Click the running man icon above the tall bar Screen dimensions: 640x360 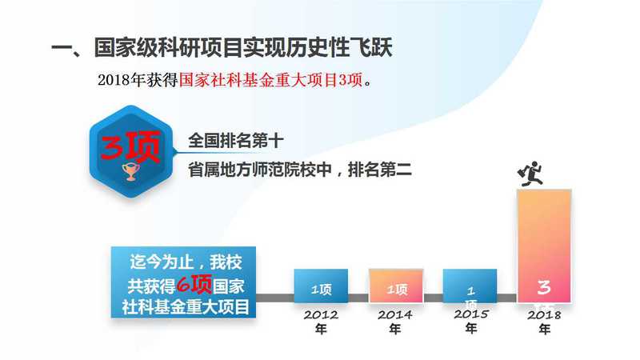pos(530,174)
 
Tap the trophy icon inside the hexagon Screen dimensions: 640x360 pos(130,171)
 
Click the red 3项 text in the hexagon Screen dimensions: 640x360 pos(130,146)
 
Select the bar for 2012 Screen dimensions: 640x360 pos(321,286)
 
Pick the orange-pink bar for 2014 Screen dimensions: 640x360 pos(396,286)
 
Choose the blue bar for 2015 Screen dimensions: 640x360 pos(470,286)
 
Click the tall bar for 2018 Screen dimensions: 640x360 pos(544,246)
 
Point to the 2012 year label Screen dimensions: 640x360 pos(321,322)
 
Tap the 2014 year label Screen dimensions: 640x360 pos(394,322)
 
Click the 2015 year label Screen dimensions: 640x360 pos(471,321)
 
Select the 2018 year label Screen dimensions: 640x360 pos(544,322)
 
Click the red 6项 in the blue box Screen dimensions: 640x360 pos(194,284)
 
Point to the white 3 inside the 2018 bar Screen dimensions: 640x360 pos(544,287)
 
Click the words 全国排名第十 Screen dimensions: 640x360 pos(235,141)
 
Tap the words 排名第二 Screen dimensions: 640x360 pos(379,170)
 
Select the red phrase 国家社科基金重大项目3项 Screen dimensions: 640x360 pos(270,80)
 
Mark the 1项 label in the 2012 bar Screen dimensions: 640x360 pos(322,290)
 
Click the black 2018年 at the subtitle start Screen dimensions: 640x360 pos(122,80)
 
